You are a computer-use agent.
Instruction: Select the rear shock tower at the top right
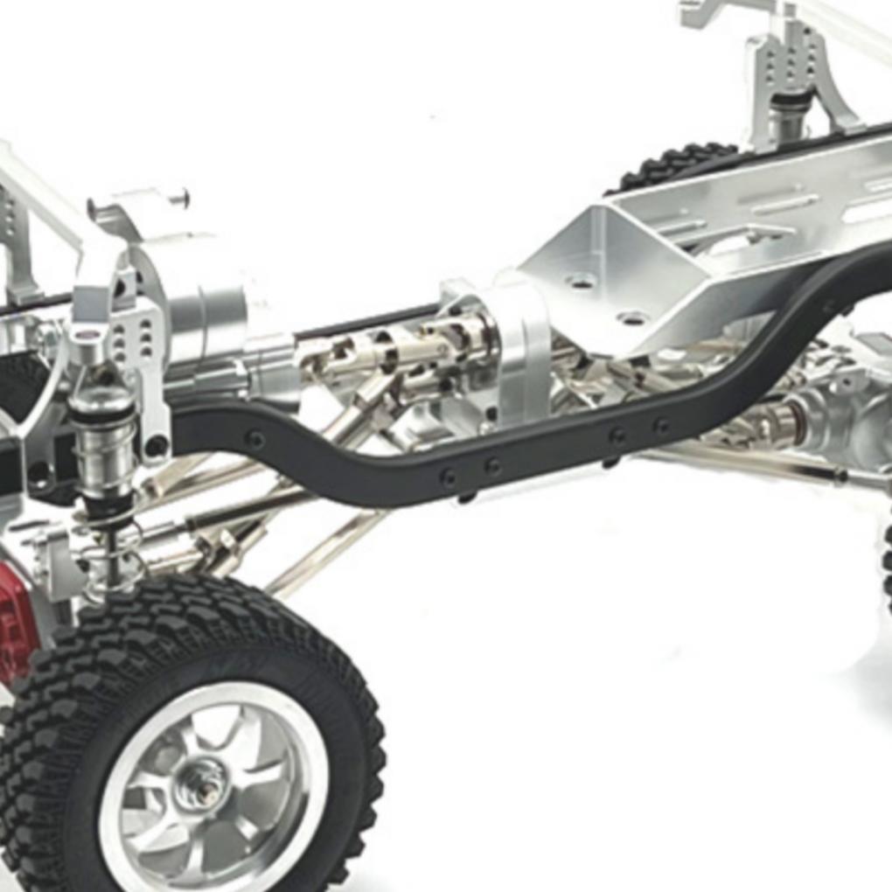[x=796, y=79]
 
